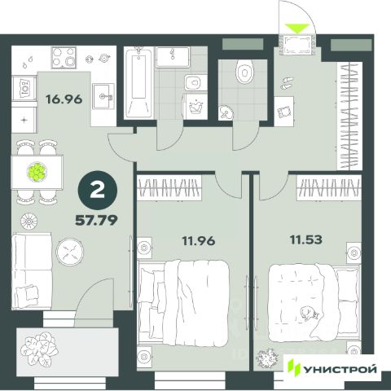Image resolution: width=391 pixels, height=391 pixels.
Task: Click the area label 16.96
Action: [x=64, y=99]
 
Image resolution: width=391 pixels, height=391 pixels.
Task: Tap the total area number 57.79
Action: [x=96, y=220]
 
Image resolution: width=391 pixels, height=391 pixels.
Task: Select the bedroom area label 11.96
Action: [x=199, y=241]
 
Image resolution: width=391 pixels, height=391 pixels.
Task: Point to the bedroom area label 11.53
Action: [x=306, y=239]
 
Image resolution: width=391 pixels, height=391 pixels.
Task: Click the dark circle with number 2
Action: [x=98, y=191]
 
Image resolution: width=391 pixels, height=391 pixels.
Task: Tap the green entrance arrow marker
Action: [x=297, y=29]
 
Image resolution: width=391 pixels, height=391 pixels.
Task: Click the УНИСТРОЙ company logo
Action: [x=332, y=369]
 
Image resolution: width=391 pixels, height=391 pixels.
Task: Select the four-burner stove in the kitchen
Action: [x=64, y=58]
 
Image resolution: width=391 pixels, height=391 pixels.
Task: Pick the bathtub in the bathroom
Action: [x=138, y=82]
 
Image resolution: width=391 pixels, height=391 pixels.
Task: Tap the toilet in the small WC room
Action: [x=245, y=72]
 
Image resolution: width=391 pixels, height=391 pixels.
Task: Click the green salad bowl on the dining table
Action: [x=37, y=172]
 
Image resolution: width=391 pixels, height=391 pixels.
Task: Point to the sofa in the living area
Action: [x=32, y=271]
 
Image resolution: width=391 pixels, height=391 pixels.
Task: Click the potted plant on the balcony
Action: [x=40, y=349]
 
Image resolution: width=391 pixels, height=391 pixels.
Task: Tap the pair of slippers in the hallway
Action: [x=287, y=83]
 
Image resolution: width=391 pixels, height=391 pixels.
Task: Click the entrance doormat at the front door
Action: [x=297, y=44]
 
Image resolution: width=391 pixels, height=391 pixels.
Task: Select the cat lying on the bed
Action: [x=309, y=313]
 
